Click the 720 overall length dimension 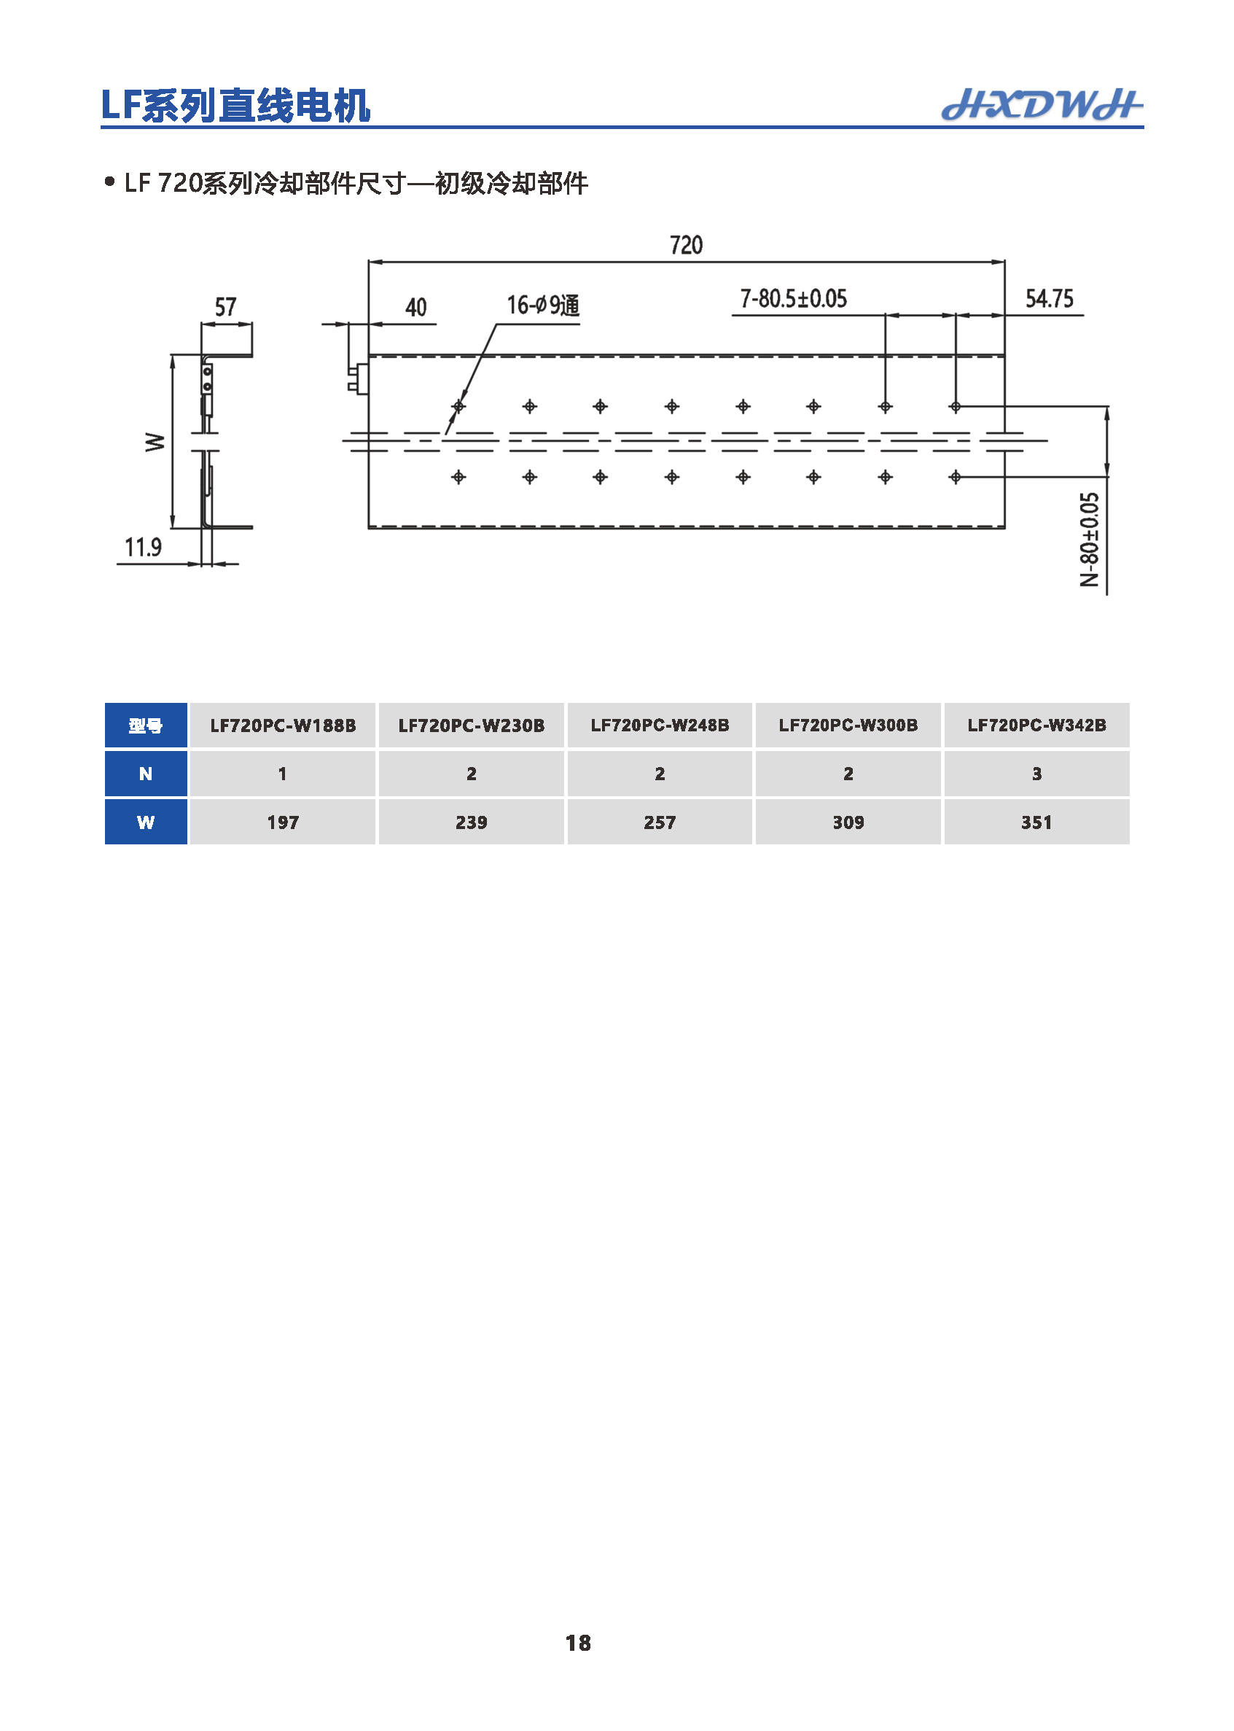(x=686, y=245)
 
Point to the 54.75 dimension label (x=1050, y=299)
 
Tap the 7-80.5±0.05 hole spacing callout (x=793, y=299)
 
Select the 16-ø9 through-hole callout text (x=543, y=306)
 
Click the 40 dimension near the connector (x=415, y=307)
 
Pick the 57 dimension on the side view (x=226, y=307)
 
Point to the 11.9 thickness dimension (x=143, y=547)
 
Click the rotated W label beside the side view (x=155, y=442)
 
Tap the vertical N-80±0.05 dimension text (x=1090, y=540)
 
